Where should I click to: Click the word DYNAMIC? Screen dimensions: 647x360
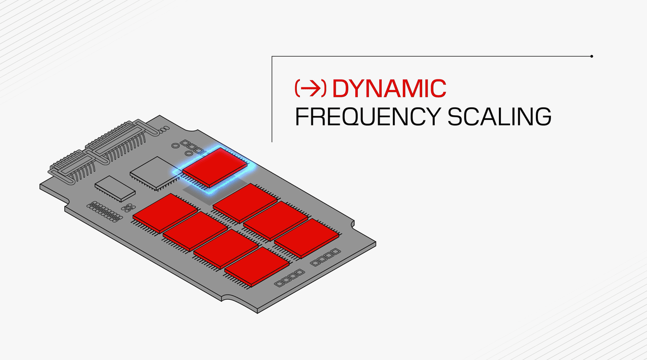pos(389,88)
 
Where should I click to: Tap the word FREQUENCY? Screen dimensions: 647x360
pos(367,116)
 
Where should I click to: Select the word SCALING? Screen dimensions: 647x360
pos(499,116)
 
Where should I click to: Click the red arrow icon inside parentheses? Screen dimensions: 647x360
pos(310,88)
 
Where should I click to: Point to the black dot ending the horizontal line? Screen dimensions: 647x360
pos(591,56)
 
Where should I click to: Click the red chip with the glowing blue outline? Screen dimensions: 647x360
pos(215,167)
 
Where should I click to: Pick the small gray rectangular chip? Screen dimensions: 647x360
pos(115,189)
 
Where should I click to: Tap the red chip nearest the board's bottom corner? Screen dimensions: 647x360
pos(257,266)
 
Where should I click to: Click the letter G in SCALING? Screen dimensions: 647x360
pos(541,116)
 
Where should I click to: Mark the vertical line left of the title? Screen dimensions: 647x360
pos(272,99)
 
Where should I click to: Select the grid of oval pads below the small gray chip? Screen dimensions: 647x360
pos(105,212)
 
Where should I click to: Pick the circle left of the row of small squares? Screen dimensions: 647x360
pos(175,146)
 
